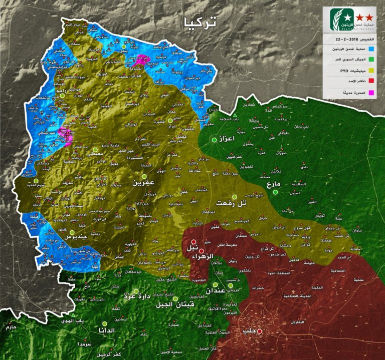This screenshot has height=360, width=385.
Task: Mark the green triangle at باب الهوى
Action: tap(73, 315)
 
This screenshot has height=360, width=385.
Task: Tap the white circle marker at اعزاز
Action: tap(214, 140)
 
